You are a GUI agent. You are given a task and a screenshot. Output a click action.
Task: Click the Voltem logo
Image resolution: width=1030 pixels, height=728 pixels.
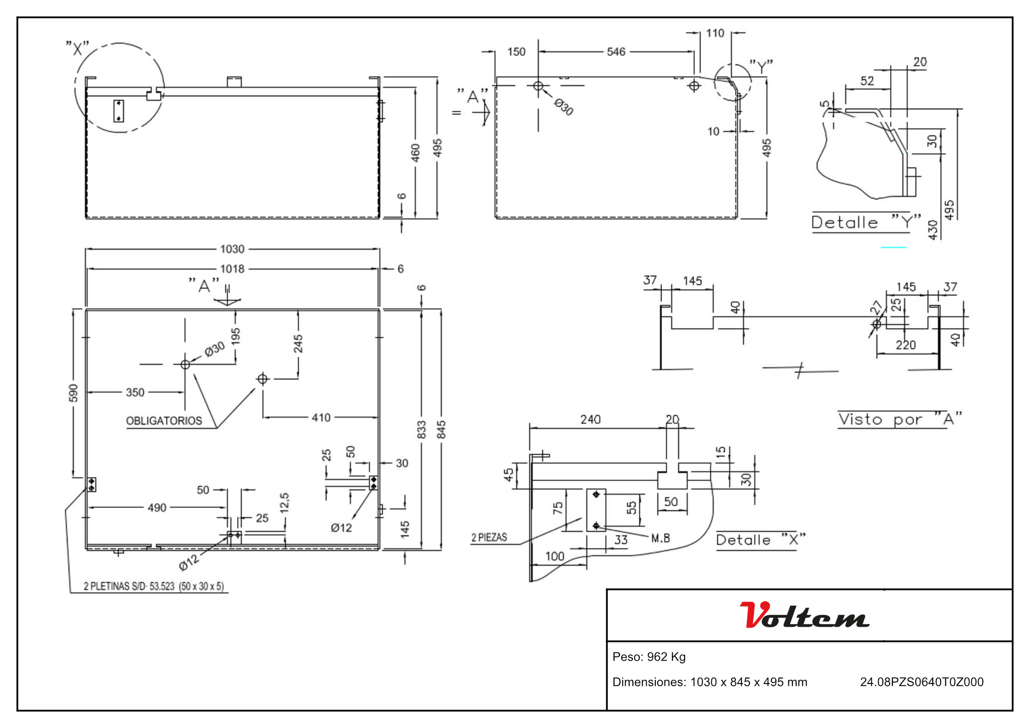click(804, 615)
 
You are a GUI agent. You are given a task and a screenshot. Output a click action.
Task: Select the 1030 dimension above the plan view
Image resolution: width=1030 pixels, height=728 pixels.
click(232, 249)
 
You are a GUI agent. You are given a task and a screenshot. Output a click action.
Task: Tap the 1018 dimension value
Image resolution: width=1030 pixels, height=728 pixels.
click(232, 269)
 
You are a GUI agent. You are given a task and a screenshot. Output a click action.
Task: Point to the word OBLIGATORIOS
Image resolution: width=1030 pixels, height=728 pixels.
click(164, 421)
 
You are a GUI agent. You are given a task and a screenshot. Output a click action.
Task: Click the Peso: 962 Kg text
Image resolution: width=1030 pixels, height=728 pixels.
click(649, 657)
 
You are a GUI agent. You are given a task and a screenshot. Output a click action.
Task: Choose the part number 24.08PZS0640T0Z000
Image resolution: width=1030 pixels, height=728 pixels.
click(922, 682)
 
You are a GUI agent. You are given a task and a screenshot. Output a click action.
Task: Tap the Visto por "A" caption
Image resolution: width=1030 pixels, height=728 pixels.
click(900, 419)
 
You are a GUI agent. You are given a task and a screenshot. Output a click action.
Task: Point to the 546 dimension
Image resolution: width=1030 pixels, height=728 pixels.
click(616, 52)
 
